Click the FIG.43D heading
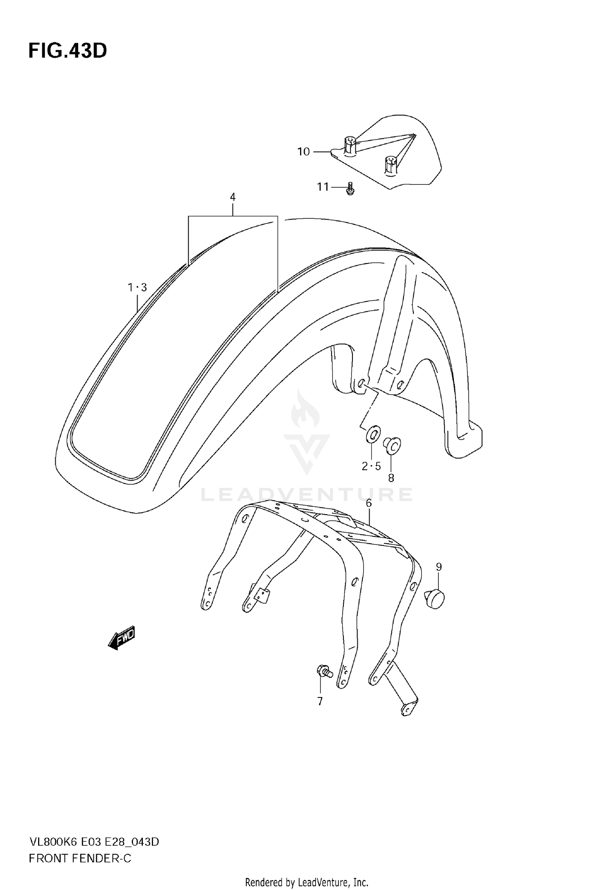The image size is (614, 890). point(68,51)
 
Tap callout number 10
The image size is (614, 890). point(303,152)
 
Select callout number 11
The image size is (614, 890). point(323,187)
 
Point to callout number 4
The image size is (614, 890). point(233,197)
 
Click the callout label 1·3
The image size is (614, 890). point(137,288)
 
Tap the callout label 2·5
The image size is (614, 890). point(371,466)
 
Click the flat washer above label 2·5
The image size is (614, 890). point(373,435)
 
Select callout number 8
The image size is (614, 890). point(391,478)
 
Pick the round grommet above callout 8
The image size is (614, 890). point(392,445)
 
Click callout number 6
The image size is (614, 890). point(369,503)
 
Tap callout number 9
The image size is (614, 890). point(439,567)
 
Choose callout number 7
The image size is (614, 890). point(320,702)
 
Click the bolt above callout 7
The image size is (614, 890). point(324,671)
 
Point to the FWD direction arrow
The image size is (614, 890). point(121,638)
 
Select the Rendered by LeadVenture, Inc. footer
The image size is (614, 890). point(307,879)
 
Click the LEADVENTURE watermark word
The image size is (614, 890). point(307,495)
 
